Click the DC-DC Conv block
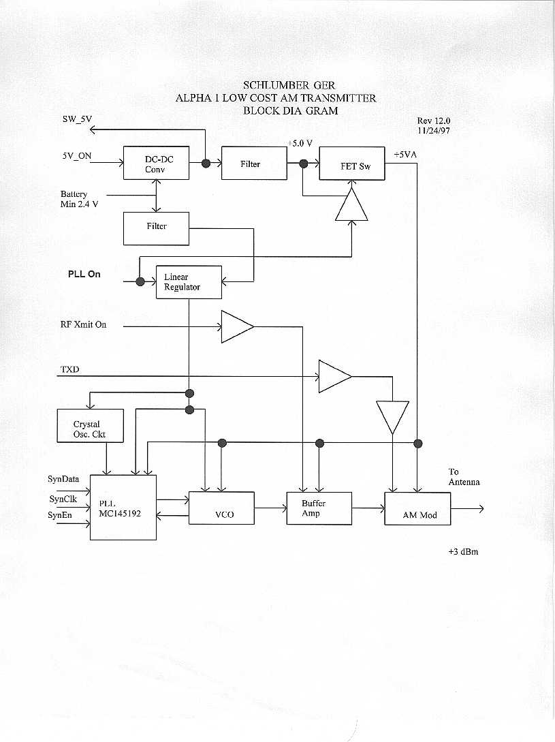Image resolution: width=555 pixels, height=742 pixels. (156, 164)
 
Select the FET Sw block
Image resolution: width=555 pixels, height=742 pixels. (352, 164)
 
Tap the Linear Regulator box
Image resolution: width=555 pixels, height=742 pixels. (189, 282)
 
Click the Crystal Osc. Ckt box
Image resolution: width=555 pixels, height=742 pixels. (91, 426)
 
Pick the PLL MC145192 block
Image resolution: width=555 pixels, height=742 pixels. (123, 508)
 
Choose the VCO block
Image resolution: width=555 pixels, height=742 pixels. (221, 508)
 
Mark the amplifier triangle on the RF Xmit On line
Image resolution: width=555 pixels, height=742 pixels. (236, 326)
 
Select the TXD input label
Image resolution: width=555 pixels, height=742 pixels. (70, 370)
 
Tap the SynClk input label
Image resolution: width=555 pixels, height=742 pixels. (63, 499)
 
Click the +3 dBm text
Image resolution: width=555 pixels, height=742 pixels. (458, 551)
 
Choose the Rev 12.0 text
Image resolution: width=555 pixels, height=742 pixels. (434, 121)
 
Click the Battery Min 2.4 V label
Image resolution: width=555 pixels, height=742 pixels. (78, 199)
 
